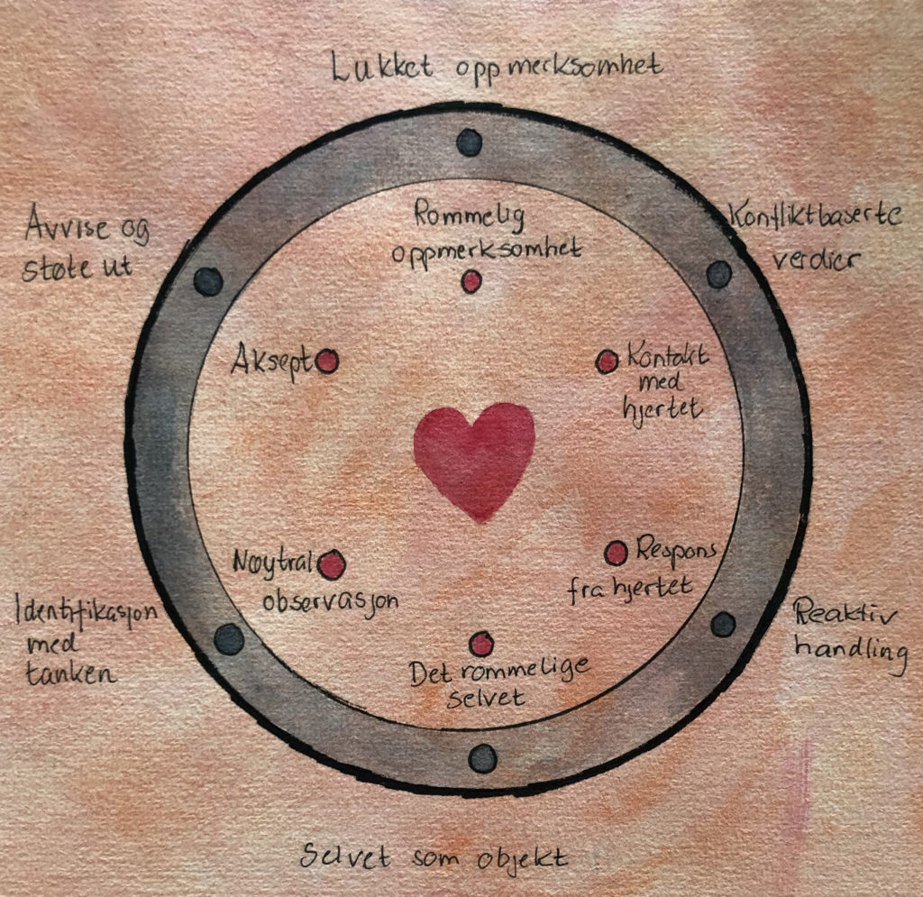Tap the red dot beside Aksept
(x=327, y=362)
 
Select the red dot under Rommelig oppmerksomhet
(x=471, y=282)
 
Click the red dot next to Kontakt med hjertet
(x=608, y=362)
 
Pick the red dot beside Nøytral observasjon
(x=332, y=565)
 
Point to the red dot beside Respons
(x=617, y=553)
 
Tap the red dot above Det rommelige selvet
(x=482, y=644)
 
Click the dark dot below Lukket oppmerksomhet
(x=470, y=142)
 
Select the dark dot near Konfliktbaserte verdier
(x=718, y=274)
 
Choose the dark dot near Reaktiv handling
(x=724, y=624)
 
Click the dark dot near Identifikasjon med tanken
(x=230, y=639)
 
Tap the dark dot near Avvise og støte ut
(x=208, y=281)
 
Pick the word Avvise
(x=62, y=223)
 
